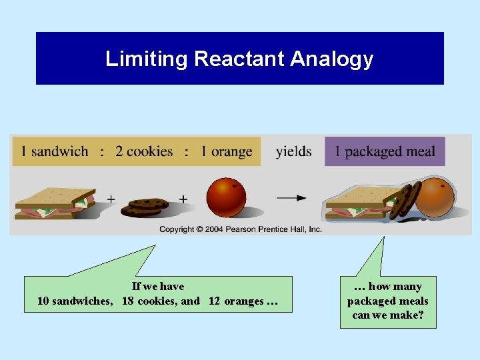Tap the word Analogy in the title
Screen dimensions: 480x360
coord(331,59)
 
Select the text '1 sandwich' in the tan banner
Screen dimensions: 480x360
coord(54,151)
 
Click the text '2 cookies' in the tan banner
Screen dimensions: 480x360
coord(144,151)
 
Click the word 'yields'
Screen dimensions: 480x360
coord(293,151)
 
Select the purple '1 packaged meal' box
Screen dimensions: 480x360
coord(385,151)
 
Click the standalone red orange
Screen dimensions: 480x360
coord(226,197)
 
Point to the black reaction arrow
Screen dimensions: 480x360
coord(291,198)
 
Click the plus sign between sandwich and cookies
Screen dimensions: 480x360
coord(111,199)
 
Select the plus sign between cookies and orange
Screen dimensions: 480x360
coord(183,199)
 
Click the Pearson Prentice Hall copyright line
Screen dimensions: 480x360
coord(240,229)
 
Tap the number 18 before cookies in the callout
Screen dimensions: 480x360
coord(129,301)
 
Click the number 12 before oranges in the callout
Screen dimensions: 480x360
coord(214,301)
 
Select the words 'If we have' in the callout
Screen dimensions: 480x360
coord(158,287)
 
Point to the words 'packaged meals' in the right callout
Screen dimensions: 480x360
coord(387,301)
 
